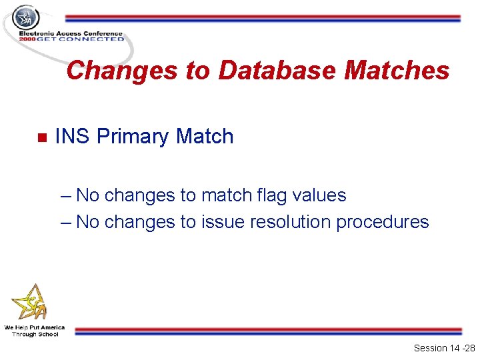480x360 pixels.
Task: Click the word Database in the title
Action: point(277,70)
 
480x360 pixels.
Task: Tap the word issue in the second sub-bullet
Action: point(223,221)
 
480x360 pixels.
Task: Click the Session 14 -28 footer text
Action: point(444,348)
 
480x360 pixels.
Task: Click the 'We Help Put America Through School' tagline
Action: point(35,331)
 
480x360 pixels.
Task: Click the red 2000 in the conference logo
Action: point(27,39)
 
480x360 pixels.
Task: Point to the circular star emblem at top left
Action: point(26,17)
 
